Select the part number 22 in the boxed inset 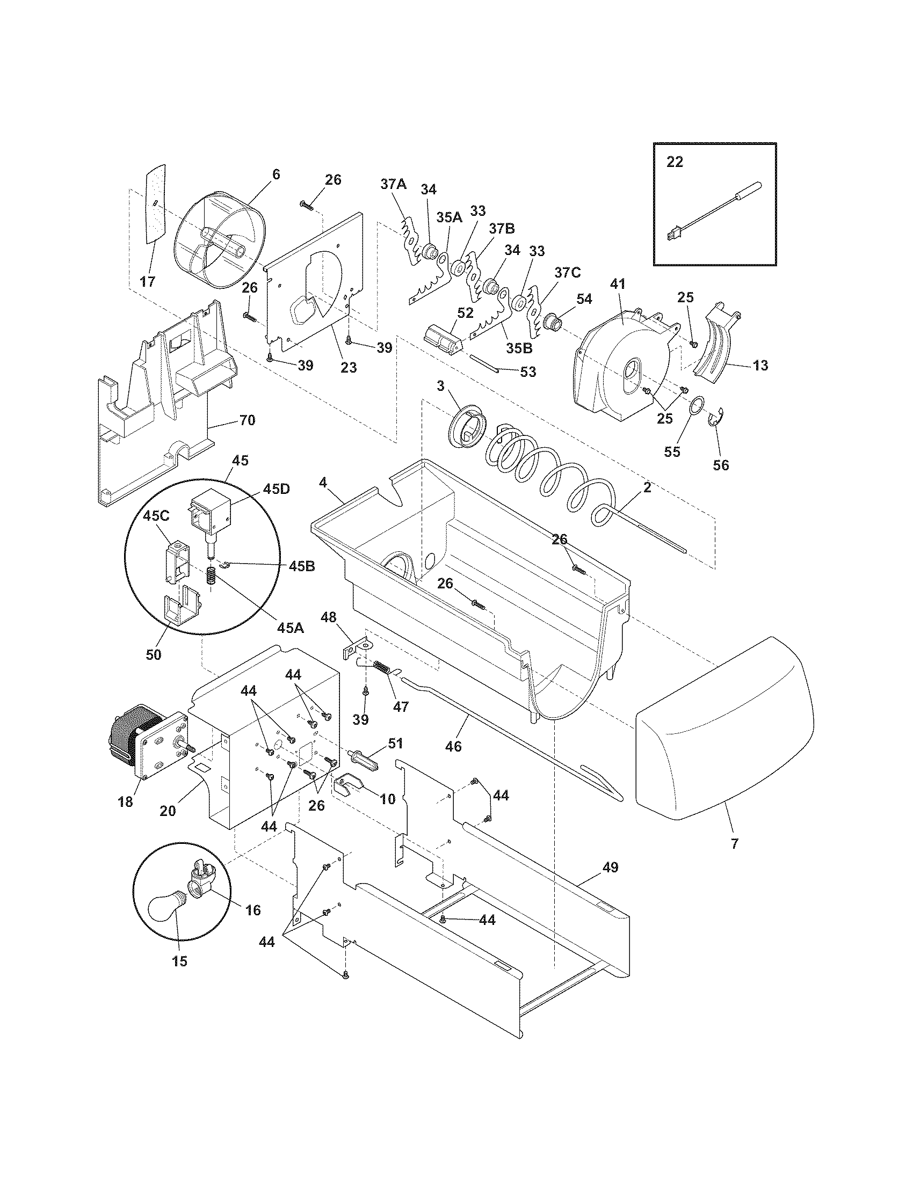(675, 162)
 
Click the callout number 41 (617, 282)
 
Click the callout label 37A (393, 184)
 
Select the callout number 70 (247, 420)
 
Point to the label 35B (519, 348)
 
